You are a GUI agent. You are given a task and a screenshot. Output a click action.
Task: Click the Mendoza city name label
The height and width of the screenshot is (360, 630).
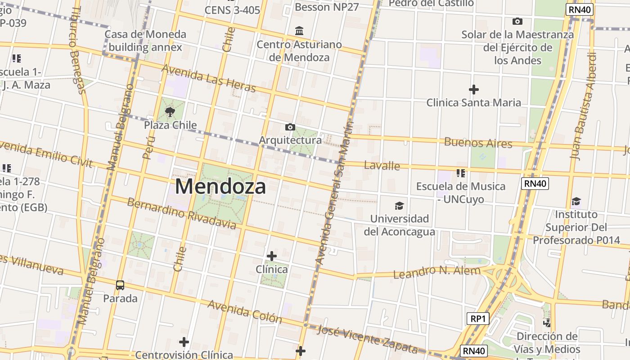click(x=220, y=186)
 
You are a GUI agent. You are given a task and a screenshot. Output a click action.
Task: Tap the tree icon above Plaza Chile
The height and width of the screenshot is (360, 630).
click(x=170, y=112)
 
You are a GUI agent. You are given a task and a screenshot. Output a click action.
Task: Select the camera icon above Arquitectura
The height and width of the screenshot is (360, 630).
click(x=290, y=127)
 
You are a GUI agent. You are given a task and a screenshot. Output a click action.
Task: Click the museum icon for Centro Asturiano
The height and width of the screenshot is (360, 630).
click(x=299, y=31)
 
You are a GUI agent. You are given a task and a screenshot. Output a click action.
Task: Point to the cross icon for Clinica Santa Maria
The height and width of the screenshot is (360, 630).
click(x=473, y=90)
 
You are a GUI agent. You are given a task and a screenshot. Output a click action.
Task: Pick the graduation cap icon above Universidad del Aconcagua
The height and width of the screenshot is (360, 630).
click(x=399, y=206)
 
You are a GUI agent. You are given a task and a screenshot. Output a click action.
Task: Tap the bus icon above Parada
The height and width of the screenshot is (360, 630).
click(x=120, y=285)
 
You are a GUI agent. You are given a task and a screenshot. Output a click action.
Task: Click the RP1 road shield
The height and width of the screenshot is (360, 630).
click(x=477, y=319)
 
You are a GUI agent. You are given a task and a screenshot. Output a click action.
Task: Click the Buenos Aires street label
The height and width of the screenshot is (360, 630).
click(x=478, y=143)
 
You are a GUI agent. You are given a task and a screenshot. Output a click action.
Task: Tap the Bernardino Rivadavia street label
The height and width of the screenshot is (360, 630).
click(x=181, y=213)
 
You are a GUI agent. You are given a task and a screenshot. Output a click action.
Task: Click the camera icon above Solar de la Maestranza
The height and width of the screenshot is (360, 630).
click(x=517, y=21)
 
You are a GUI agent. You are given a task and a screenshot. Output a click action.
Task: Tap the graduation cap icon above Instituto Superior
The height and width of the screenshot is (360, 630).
click(x=576, y=201)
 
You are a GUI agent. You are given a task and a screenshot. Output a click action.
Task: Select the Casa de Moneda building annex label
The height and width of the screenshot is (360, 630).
click(x=145, y=40)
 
